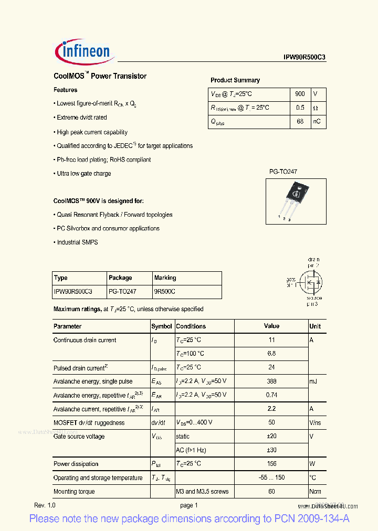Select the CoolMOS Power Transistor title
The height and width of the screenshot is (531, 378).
pos(100,76)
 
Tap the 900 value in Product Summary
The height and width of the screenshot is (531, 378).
pos(300,94)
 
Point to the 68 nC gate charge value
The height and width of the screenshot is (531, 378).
pos(300,122)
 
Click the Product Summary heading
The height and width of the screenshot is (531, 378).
pos(235,80)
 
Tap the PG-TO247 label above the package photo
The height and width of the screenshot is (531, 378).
pos(283,172)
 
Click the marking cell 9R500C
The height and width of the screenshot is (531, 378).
pos(165,291)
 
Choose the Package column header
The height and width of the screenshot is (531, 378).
pos(120,278)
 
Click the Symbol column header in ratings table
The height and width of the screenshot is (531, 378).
pos(162,326)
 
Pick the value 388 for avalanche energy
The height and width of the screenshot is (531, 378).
pos(271,381)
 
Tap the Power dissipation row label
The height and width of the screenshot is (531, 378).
pos(76,464)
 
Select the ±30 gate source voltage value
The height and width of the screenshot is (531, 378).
pos(271,450)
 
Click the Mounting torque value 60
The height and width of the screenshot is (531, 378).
pos(271,492)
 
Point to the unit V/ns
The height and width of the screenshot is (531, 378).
pos(316,423)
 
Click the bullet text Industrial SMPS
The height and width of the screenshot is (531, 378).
pos(77,242)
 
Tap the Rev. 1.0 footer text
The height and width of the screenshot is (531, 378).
pos(45,505)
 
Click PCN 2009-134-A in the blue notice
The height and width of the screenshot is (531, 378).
pos(312,519)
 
